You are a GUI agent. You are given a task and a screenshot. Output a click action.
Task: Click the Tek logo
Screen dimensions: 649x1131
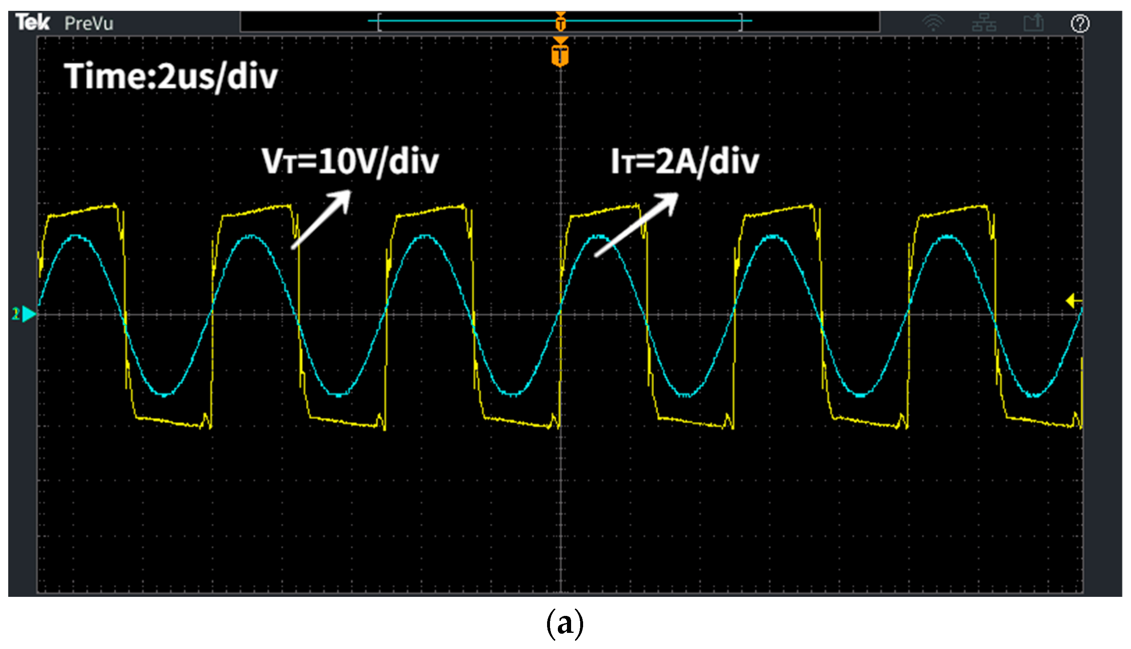coord(32,22)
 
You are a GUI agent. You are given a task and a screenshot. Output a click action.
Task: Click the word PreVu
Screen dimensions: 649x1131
coord(89,23)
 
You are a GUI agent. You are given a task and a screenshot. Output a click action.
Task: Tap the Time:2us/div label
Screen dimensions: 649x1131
coord(171,77)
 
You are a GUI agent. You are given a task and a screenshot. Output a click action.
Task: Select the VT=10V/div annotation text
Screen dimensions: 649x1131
coord(351,161)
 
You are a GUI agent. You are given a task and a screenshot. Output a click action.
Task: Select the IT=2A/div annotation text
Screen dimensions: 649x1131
coord(685,161)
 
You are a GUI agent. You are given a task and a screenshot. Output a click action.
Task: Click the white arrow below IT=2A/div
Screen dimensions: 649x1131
coord(636,224)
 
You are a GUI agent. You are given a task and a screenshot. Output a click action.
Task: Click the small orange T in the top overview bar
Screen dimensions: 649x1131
coord(561,22)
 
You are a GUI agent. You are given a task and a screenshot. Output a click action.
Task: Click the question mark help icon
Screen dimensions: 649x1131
coord(1080,23)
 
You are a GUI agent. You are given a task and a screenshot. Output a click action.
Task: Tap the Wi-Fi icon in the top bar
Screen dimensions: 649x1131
coord(934,23)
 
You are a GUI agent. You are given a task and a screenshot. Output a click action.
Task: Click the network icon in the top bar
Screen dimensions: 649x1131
coord(985,23)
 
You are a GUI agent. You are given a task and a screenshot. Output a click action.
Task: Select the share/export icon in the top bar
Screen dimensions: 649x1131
coord(1034,22)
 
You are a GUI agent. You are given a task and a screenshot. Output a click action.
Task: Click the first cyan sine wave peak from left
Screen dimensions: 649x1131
coord(77,236)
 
